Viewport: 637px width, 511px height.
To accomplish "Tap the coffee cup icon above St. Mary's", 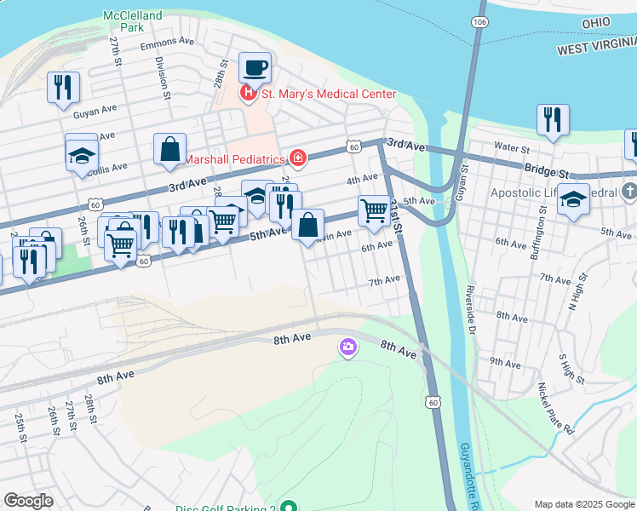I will coord(254,68).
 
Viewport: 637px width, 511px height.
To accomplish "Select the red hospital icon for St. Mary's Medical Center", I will coord(248,93).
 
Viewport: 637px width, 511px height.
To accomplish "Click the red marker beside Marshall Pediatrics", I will coord(297,158).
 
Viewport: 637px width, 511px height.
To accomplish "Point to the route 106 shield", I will coord(479,20).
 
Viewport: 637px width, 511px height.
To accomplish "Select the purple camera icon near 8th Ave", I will coord(347,347).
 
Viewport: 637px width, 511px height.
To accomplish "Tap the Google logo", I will coord(28,501).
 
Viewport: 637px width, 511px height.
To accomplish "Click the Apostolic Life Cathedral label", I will coord(554,192).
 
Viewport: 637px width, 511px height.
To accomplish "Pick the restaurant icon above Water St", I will coord(553,119).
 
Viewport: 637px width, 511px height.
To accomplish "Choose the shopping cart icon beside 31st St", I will coord(374,210).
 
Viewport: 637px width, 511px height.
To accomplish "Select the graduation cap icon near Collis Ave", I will coord(81,152).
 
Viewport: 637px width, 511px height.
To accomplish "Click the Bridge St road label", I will coord(546,169).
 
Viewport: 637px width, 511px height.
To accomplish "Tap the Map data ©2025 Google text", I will coord(584,504).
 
